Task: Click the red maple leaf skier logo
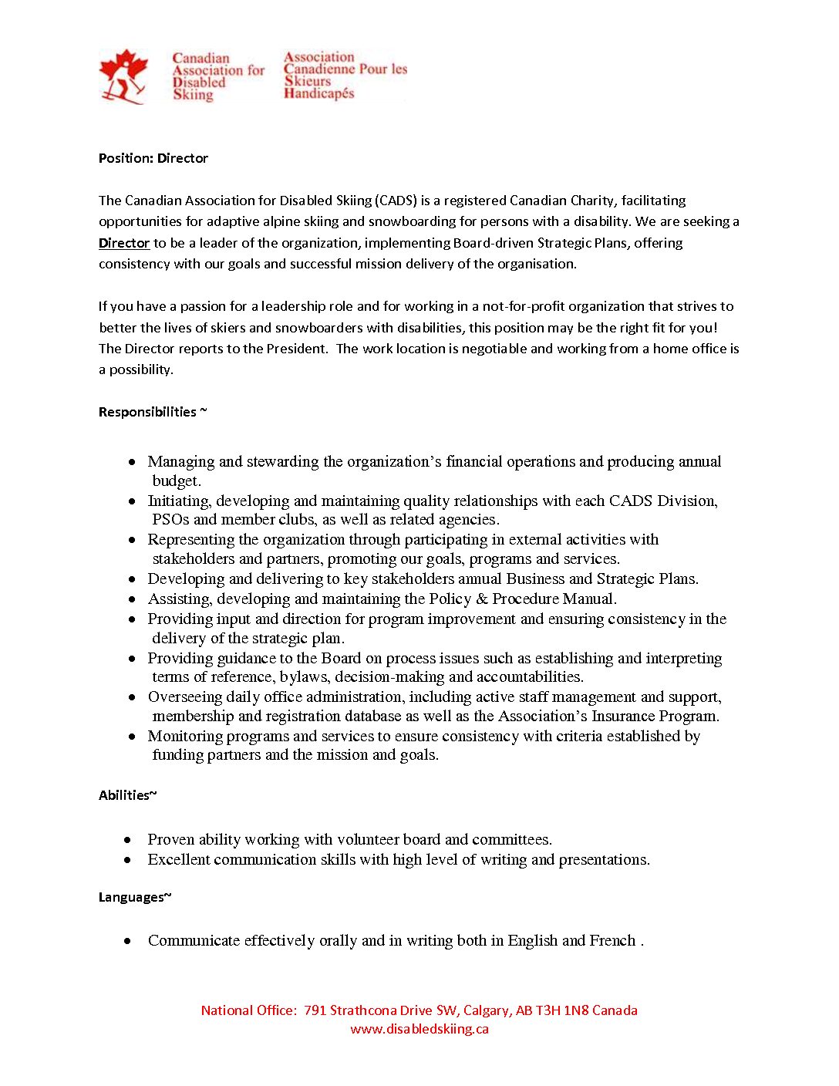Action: pos(123,76)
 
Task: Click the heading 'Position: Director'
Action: pos(153,158)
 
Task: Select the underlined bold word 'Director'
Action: pos(124,243)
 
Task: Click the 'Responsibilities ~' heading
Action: pos(153,412)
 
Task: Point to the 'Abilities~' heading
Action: pos(127,795)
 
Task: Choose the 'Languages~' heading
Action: pos(135,897)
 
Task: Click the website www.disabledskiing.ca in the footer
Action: pos(419,1029)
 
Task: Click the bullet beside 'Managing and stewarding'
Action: pos(133,462)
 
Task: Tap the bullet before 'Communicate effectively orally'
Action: pos(127,941)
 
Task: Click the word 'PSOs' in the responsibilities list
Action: pos(170,520)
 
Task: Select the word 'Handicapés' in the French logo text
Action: pos(319,93)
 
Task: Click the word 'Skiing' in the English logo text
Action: pos(193,95)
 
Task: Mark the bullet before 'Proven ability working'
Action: pos(127,840)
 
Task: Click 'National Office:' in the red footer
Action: pos(248,1010)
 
